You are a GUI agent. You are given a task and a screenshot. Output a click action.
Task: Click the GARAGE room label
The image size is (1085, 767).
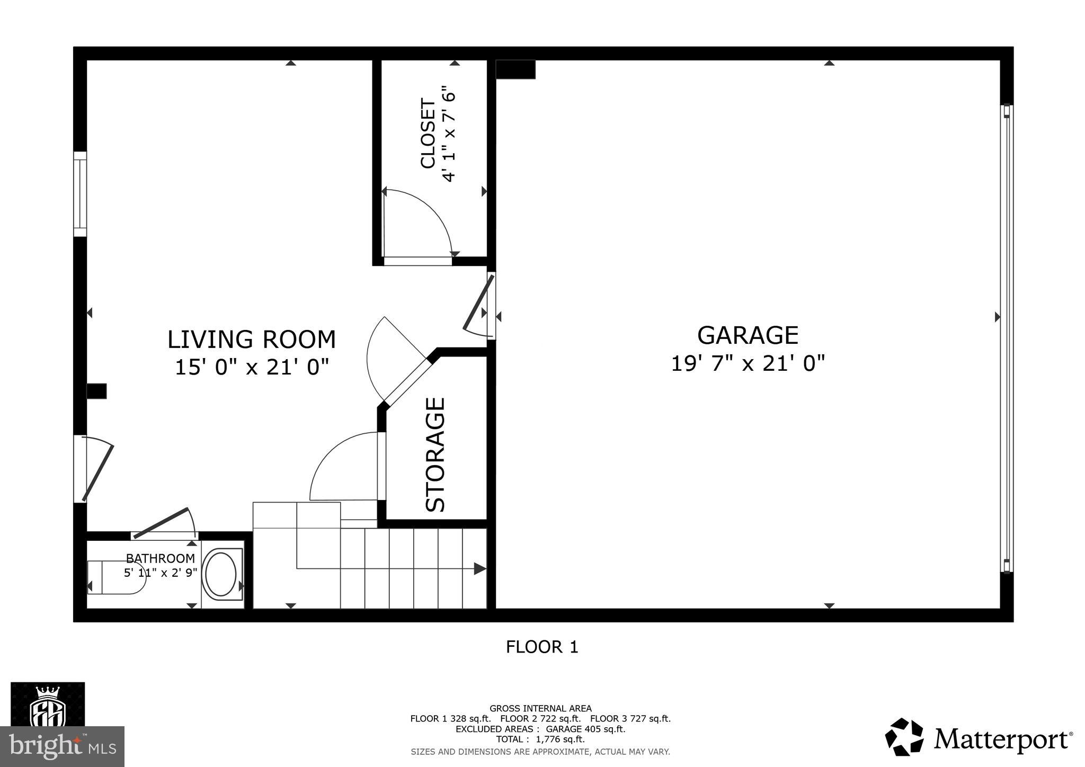coord(748,335)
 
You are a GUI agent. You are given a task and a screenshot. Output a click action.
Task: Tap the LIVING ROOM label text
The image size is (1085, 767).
coord(252,340)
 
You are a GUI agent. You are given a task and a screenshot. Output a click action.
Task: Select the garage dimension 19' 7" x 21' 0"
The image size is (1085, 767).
coord(748,364)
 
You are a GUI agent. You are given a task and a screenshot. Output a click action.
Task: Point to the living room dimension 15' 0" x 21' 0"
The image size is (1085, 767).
coord(252,367)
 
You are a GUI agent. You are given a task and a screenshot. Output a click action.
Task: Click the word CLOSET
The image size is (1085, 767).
coord(428,133)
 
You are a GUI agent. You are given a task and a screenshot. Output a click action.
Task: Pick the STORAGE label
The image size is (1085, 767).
coord(435,454)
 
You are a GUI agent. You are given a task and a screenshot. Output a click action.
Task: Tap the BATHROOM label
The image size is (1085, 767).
coord(160,558)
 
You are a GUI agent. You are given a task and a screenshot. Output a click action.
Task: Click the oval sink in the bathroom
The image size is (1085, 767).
coord(220,574)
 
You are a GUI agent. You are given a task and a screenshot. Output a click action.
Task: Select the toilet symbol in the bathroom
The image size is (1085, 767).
coord(117,577)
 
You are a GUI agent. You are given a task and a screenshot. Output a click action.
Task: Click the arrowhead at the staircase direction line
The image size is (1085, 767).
coord(479,569)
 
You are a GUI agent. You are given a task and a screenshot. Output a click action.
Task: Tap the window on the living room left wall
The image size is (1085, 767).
coord(80,194)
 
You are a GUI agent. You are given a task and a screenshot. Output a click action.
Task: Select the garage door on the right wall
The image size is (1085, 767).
coord(1007,339)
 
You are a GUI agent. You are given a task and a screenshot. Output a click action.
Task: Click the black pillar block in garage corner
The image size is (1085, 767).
coord(515,69)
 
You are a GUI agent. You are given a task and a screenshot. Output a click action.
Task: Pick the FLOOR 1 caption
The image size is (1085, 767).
coord(542,647)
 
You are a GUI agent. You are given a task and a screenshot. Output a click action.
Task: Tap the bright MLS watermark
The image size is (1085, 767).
coord(62,746)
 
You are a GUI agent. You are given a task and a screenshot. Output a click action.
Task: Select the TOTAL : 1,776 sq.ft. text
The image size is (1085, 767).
coord(540,739)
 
